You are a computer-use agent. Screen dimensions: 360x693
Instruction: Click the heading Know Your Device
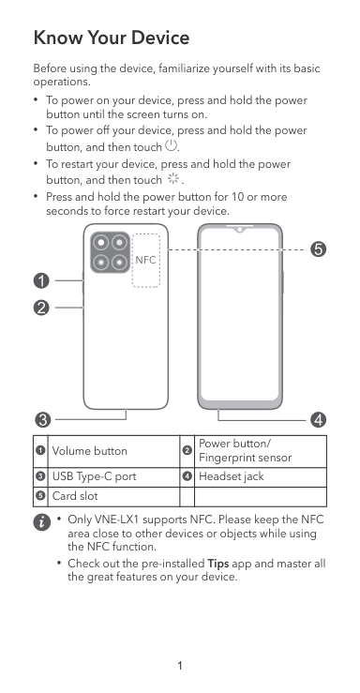point(112,38)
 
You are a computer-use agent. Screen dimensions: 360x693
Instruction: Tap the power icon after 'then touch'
point(171,144)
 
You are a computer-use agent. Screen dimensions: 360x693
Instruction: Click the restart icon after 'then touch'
point(172,178)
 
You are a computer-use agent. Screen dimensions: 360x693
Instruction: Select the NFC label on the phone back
point(145,260)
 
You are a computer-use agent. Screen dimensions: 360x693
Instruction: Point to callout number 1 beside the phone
point(41,280)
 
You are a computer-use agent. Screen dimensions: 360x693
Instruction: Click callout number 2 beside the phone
point(41,308)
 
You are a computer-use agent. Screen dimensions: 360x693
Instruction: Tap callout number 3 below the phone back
point(43,419)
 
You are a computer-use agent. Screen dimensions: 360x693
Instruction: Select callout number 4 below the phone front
point(319,419)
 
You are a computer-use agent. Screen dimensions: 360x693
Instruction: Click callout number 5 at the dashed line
point(319,249)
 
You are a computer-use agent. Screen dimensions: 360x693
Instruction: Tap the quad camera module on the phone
point(111,252)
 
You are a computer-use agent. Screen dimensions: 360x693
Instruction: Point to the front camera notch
point(240,229)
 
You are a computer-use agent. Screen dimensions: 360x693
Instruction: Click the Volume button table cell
point(113,451)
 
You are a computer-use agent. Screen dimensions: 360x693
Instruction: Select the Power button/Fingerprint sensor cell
point(261,451)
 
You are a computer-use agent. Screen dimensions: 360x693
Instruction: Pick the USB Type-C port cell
point(113,477)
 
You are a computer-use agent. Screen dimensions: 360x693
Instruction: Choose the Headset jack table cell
point(261,477)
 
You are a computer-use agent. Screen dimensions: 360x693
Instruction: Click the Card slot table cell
point(113,496)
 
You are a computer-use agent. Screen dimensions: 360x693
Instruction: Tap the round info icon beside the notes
point(41,522)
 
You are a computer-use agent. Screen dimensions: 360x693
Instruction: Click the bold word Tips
point(218,564)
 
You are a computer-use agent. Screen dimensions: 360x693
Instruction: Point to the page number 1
point(180,666)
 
